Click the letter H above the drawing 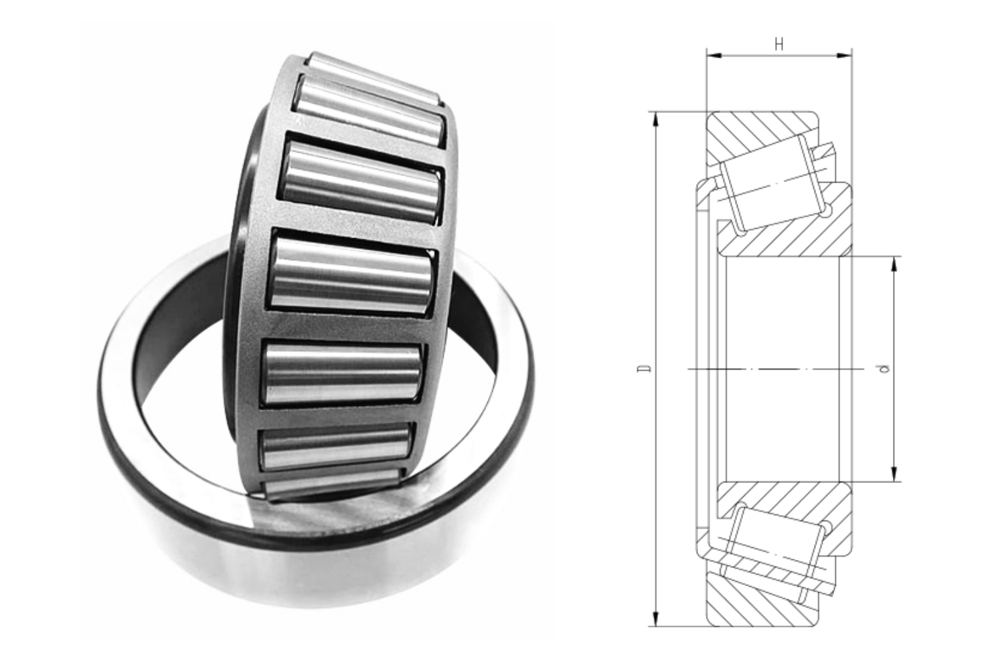coord(778,45)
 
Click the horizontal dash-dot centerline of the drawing coord(770,369)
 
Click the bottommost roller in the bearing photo coord(335,485)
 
